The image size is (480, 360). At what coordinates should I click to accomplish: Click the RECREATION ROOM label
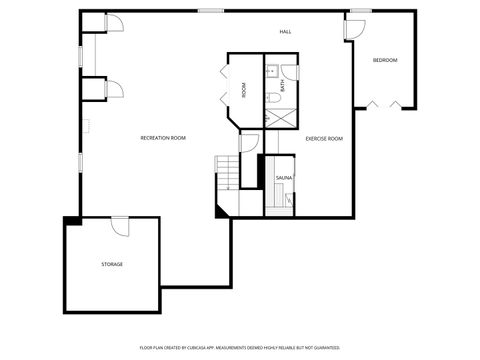pyautogui.click(x=163, y=138)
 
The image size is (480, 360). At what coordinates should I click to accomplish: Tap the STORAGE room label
pyautogui.click(x=112, y=264)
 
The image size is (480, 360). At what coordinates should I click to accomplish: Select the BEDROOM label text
pyautogui.click(x=385, y=61)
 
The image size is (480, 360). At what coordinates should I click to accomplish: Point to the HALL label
pyautogui.click(x=285, y=33)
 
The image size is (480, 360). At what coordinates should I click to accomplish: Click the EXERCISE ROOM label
pyautogui.click(x=324, y=139)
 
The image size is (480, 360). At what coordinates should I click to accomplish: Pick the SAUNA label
pyautogui.click(x=284, y=178)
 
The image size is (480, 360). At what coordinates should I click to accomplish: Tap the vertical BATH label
pyautogui.click(x=283, y=87)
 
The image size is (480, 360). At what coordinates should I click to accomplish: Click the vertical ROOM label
pyautogui.click(x=244, y=90)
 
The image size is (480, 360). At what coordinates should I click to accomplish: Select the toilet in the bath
pyautogui.click(x=272, y=98)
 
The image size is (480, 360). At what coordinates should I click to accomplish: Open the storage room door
pyautogui.click(x=120, y=225)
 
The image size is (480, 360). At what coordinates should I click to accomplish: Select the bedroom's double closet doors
pyautogui.click(x=385, y=103)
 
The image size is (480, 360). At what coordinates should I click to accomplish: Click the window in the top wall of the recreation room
pyautogui.click(x=210, y=11)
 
